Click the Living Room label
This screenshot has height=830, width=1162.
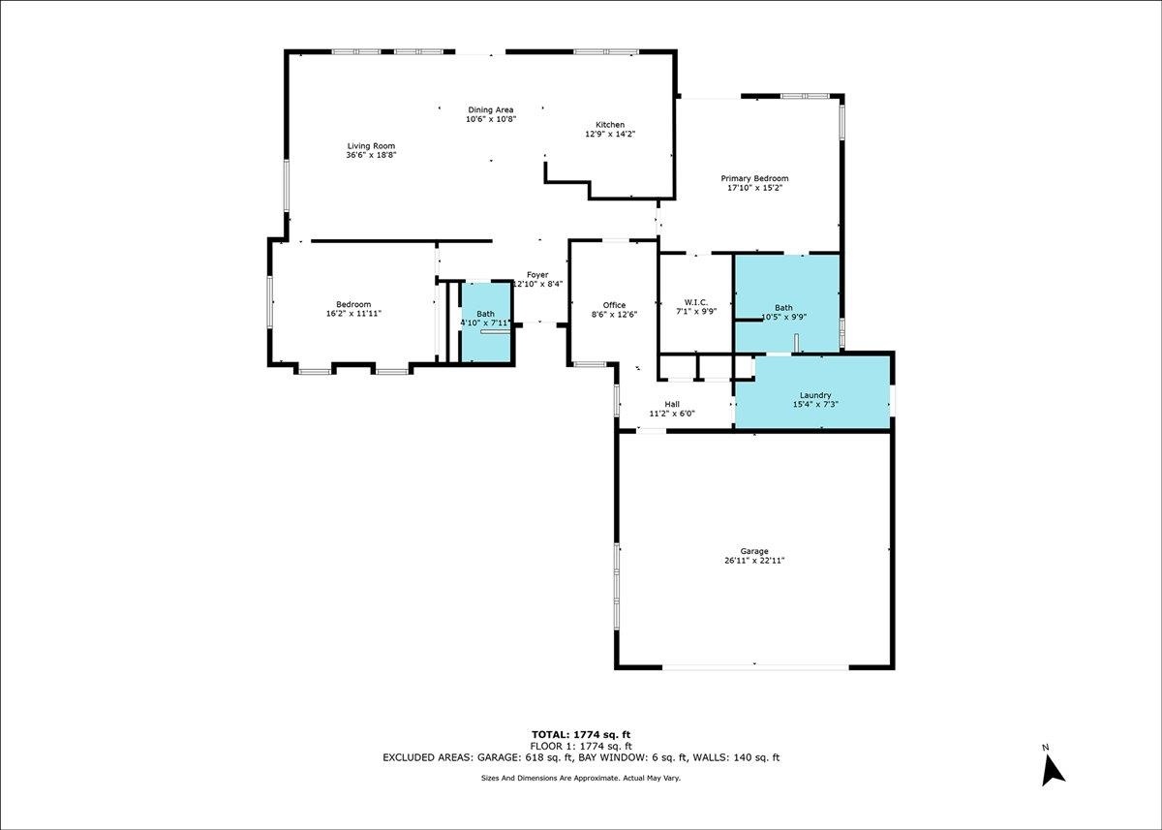(371, 146)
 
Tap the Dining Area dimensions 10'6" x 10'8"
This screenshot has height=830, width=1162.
(491, 119)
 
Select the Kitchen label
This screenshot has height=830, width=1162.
(610, 125)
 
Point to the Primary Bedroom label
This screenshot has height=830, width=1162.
(754, 178)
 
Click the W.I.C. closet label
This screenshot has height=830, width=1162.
(695, 302)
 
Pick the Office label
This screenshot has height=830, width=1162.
(614, 305)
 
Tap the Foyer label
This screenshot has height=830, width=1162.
(537, 275)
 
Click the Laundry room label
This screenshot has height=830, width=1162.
(815, 395)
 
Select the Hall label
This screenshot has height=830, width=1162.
(672, 404)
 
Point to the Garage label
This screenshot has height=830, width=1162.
(754, 551)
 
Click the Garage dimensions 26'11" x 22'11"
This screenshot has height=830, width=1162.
(754, 560)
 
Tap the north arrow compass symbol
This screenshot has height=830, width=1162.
(1053, 770)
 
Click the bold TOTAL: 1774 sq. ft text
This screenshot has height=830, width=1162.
(581, 734)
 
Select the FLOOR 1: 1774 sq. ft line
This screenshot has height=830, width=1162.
(581, 746)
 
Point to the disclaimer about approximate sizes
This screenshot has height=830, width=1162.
(581, 778)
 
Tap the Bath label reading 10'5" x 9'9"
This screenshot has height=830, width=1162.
(783, 312)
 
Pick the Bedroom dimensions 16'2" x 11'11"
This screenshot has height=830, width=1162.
(353, 314)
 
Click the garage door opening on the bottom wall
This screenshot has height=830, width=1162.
(755, 666)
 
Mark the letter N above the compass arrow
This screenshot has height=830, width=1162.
(1045, 748)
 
